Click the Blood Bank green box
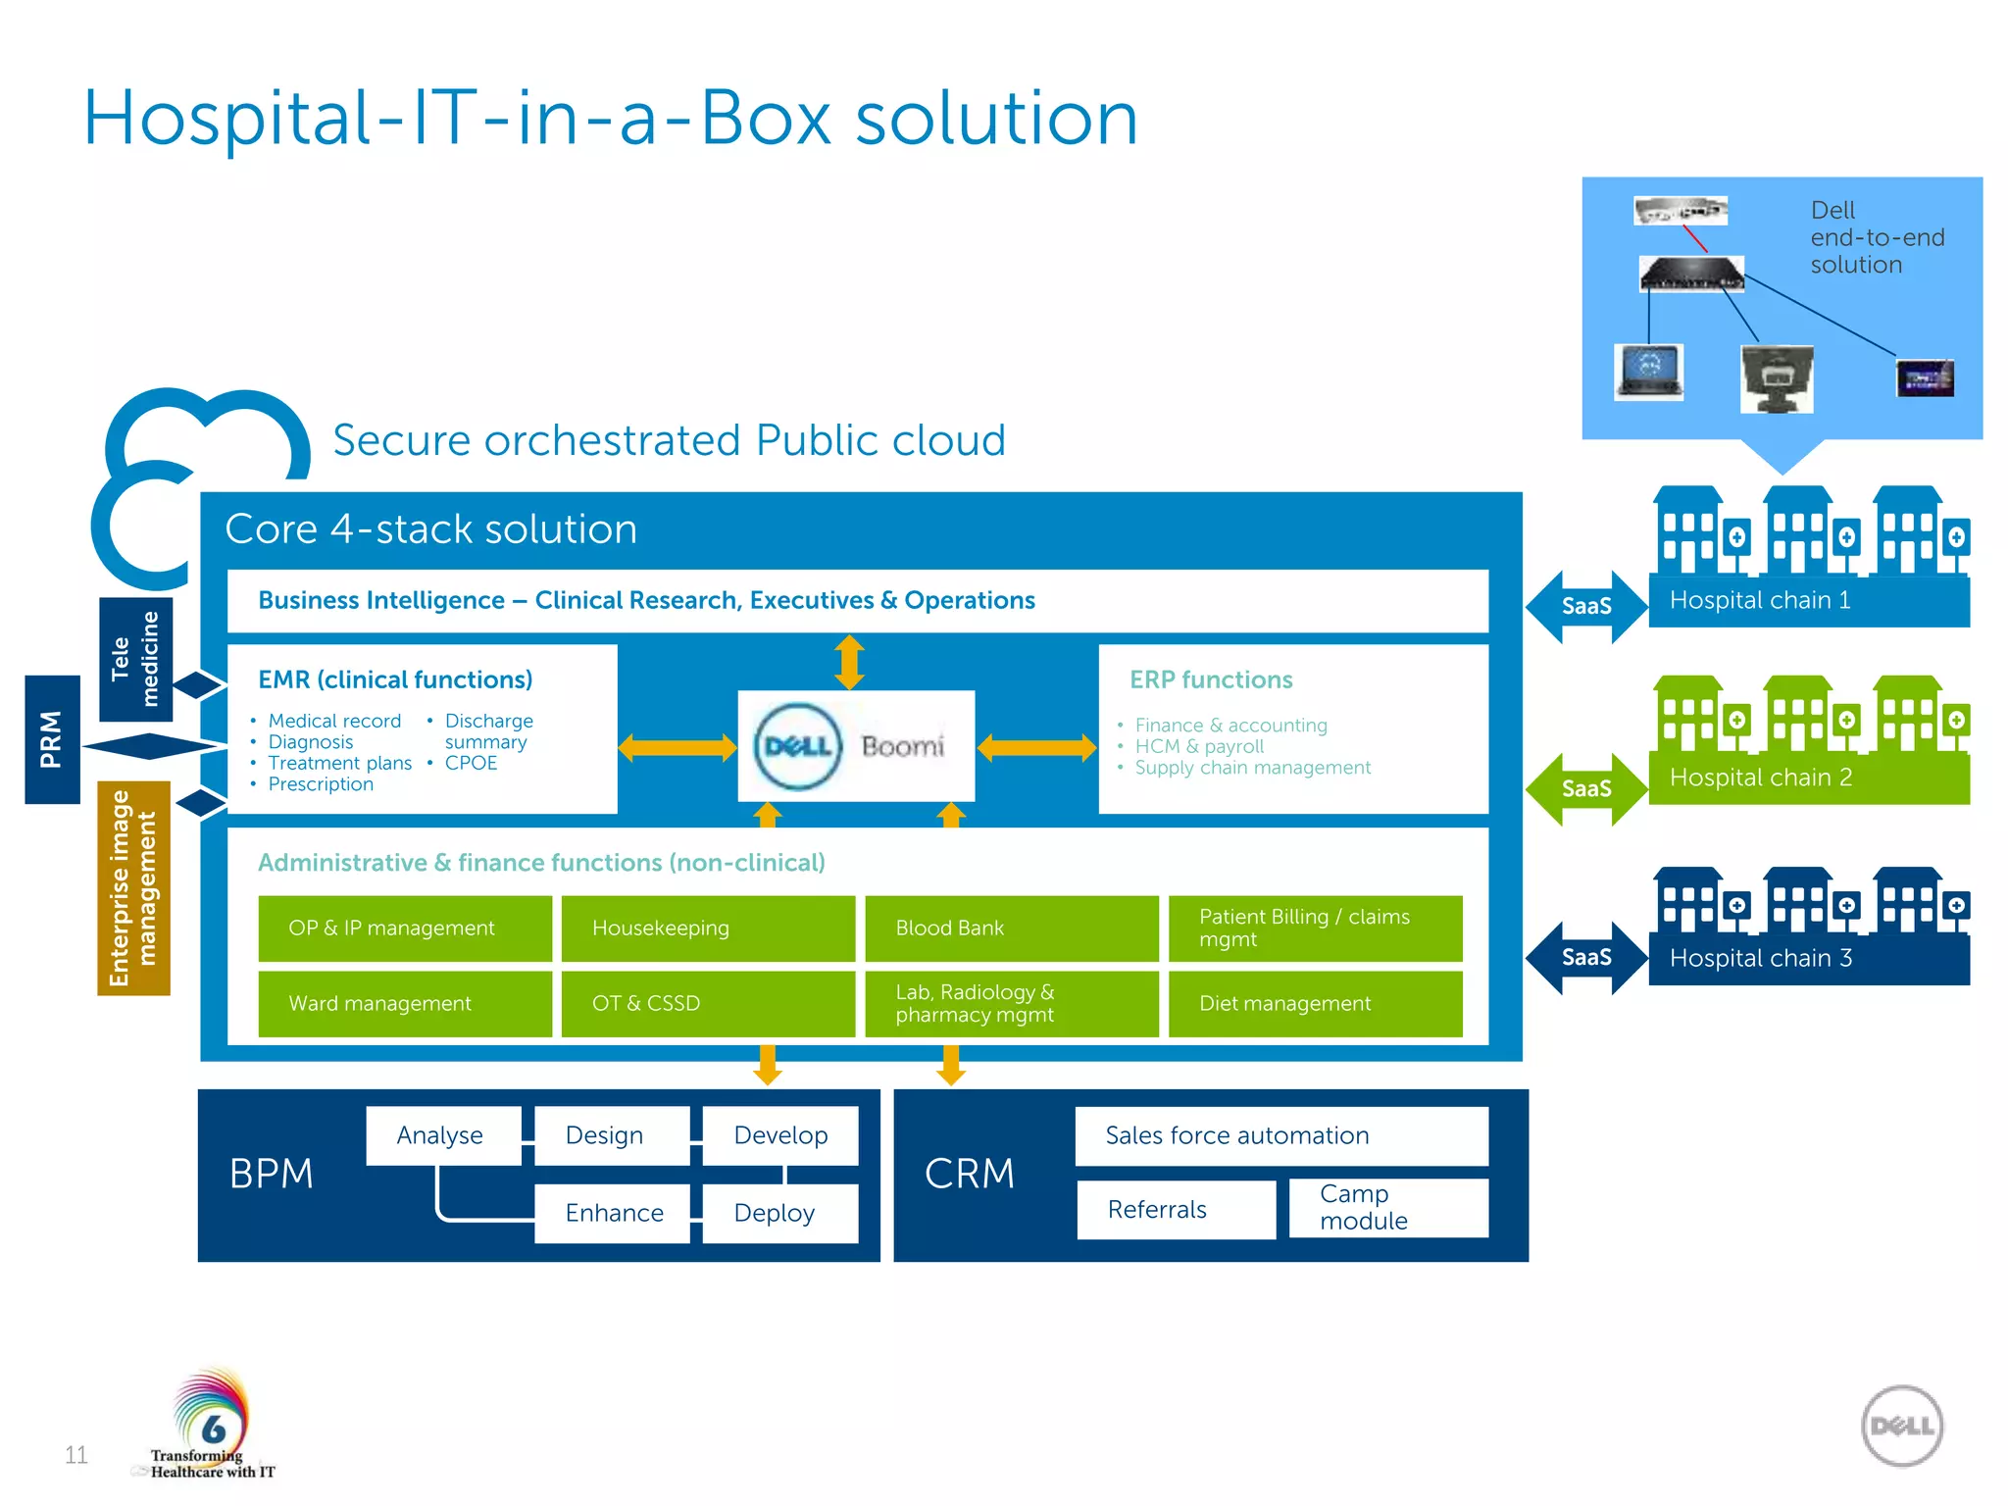coord(1011,928)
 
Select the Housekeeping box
coord(707,928)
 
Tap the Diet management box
coord(1315,1003)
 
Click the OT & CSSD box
coord(707,1003)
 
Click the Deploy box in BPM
coord(779,1213)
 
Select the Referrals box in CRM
coord(1176,1210)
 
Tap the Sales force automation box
coord(1280,1135)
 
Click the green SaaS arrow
coord(1586,788)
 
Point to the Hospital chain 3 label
coord(1761,958)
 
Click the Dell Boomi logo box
coord(856,746)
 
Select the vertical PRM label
coord(52,739)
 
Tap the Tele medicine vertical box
coord(135,659)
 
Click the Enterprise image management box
coord(133,887)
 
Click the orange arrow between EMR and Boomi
coord(678,748)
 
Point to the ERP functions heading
coord(1210,679)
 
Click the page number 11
coord(76,1454)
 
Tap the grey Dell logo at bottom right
coord(1901,1426)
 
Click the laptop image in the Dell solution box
coord(1649,371)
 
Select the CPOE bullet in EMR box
coord(471,763)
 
